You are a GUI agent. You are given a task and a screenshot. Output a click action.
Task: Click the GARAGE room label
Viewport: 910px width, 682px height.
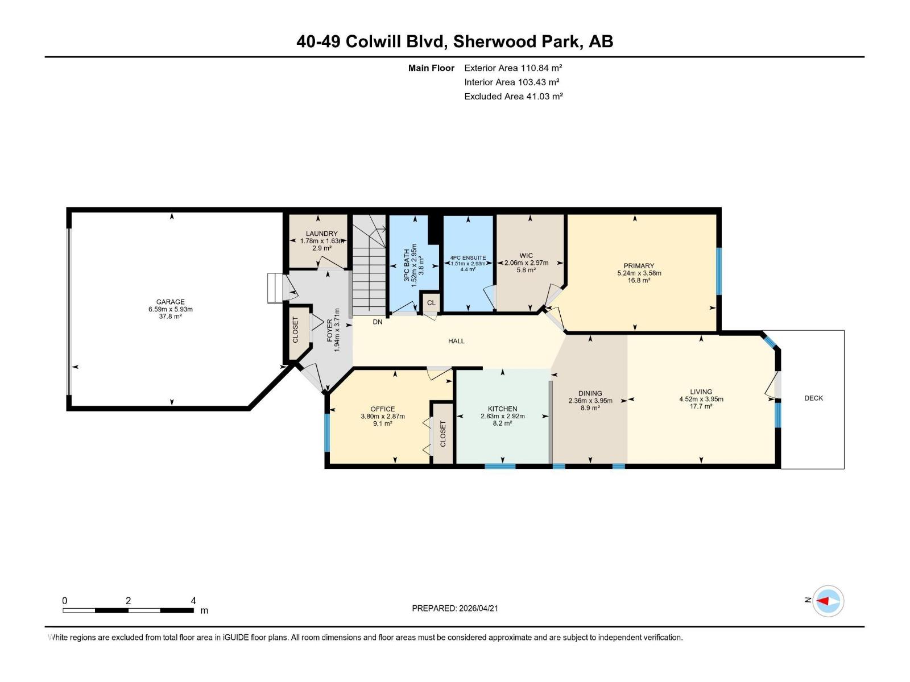tap(171, 302)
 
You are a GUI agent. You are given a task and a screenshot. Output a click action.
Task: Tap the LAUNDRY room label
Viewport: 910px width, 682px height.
tap(321, 234)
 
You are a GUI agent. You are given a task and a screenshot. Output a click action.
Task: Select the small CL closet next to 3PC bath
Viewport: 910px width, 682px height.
tap(431, 303)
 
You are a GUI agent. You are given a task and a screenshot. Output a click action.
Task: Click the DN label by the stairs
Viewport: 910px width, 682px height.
tap(378, 322)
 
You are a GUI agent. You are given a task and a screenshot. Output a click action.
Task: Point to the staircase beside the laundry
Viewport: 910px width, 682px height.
tap(369, 264)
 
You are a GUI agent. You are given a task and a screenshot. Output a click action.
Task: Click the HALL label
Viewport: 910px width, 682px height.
tap(456, 341)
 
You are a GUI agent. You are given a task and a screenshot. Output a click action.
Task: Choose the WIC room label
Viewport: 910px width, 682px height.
tap(526, 256)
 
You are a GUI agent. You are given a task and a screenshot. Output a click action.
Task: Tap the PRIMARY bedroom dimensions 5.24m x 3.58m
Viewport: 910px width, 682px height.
tap(639, 273)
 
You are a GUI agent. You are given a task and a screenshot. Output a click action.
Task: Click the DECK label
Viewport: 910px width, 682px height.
tap(813, 398)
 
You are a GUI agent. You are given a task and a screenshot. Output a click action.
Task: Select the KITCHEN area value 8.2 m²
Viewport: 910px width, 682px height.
tap(502, 423)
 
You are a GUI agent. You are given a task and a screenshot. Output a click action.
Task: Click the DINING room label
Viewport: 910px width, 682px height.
tap(590, 393)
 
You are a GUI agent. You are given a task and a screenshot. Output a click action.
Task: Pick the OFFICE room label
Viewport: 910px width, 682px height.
tap(382, 409)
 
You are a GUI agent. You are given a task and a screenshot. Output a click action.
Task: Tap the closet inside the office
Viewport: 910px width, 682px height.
tap(443, 434)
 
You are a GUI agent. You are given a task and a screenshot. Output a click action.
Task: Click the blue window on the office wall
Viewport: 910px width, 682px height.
tap(327, 432)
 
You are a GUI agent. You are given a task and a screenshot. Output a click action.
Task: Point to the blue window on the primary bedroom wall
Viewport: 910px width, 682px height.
tap(718, 271)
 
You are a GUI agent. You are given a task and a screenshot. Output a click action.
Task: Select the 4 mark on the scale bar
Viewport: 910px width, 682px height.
tap(193, 601)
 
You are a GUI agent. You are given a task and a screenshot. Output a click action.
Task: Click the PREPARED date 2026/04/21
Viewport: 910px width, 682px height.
tap(478, 608)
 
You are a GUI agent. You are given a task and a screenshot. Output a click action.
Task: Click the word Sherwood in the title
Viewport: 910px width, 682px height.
tap(488, 41)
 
